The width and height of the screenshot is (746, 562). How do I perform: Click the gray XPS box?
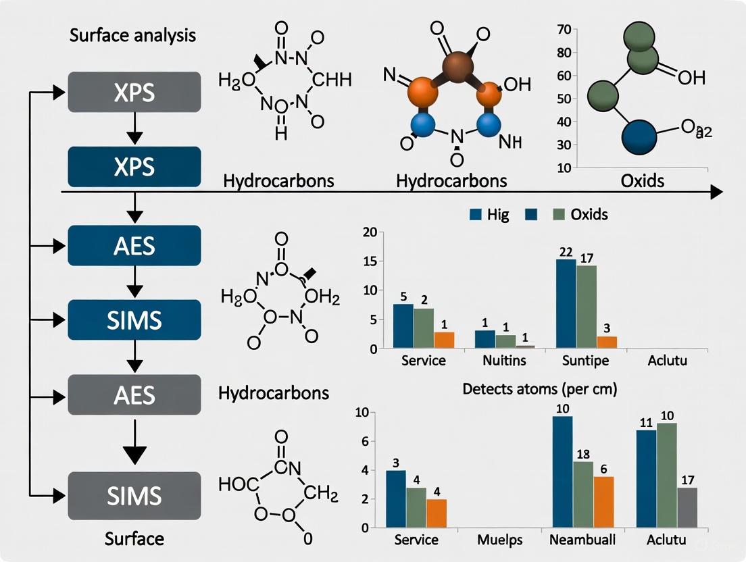point(134,91)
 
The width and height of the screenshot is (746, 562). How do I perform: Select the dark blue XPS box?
point(134,166)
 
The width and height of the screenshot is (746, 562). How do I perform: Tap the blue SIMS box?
point(134,319)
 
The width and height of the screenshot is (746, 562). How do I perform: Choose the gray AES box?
point(134,394)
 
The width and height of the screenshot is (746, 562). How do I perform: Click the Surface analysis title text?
point(133,35)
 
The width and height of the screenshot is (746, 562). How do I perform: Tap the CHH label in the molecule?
point(331,80)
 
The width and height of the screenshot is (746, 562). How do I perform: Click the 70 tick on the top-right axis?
point(564,29)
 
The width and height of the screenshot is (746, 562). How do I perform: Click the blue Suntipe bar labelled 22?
point(566,304)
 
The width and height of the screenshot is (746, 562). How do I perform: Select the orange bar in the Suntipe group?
point(607,342)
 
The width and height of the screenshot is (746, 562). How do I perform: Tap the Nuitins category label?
point(504,360)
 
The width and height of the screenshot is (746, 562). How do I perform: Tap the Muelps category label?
point(500,540)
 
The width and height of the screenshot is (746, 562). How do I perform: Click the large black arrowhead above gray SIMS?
point(135,454)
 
